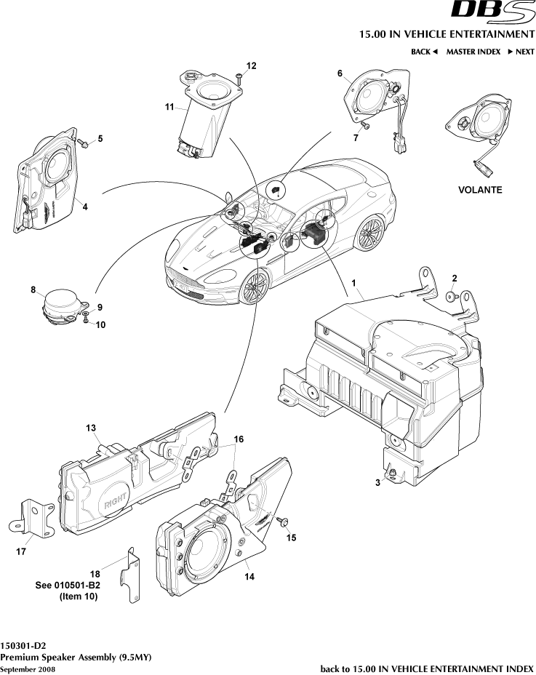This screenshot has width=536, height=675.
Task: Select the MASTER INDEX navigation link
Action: (473, 52)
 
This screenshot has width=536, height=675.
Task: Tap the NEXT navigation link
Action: (521, 52)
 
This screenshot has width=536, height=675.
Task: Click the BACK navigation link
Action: (424, 52)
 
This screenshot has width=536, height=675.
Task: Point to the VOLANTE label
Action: (479, 189)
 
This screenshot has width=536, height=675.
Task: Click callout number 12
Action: (251, 65)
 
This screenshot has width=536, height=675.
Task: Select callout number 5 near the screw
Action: (100, 138)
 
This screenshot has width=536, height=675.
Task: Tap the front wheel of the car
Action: (254, 287)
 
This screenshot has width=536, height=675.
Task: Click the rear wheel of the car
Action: (370, 231)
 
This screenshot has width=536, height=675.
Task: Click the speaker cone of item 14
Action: (207, 560)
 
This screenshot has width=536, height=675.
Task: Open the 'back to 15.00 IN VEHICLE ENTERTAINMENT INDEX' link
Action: (427, 668)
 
